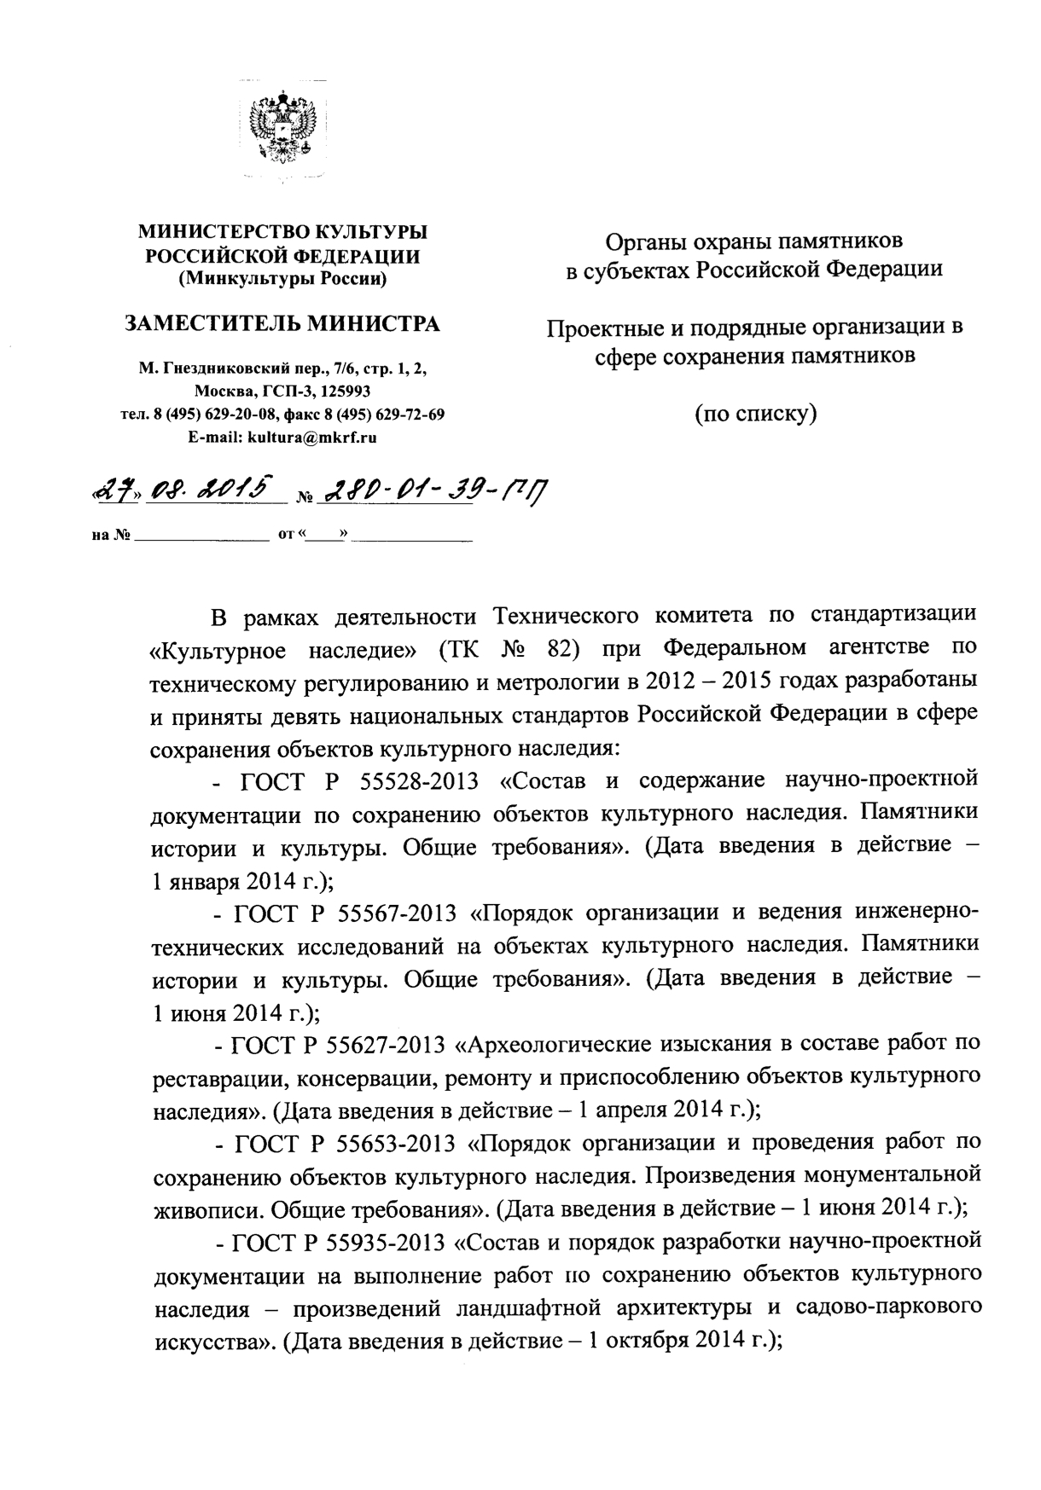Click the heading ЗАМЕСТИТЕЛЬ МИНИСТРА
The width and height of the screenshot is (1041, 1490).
pyautogui.click(x=282, y=324)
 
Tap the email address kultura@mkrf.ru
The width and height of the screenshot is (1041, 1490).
pyautogui.click(x=311, y=438)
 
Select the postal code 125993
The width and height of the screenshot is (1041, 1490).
pyautogui.click(x=342, y=392)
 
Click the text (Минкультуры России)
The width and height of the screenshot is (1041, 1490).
pyautogui.click(x=282, y=278)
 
